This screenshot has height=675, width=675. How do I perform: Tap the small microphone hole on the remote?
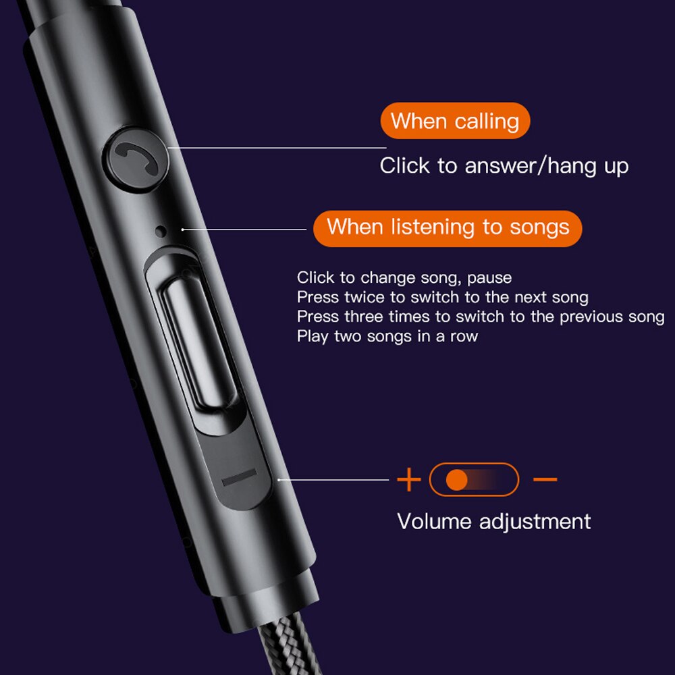click(161, 231)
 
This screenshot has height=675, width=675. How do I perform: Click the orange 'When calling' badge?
click(455, 121)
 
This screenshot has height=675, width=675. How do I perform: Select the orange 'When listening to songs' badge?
click(448, 228)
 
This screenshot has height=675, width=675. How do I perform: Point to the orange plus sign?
click(408, 479)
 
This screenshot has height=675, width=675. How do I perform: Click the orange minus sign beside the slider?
click(545, 479)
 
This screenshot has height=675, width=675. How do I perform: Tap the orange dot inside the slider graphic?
click(457, 479)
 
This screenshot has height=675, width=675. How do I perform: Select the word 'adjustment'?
click(535, 522)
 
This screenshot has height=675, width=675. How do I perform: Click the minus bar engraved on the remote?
click(240, 477)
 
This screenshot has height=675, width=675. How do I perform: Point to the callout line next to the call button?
click(277, 148)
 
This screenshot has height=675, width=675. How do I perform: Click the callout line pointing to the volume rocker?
click(333, 479)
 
